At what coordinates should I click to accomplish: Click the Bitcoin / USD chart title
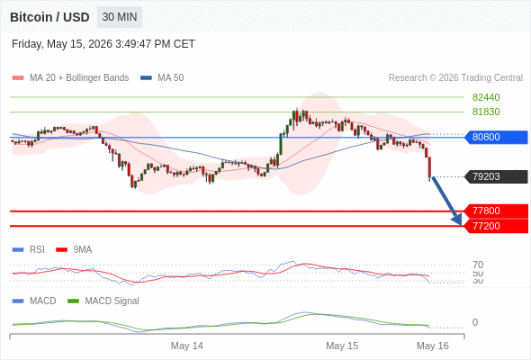tap(49, 17)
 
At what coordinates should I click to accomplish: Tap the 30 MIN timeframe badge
tap(120, 17)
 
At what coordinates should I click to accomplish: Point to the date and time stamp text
tap(103, 44)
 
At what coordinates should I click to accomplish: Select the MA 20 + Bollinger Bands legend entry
tap(70, 78)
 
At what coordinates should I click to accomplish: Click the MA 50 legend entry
tap(162, 78)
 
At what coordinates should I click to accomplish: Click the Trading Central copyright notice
tap(455, 78)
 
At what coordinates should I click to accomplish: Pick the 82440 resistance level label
tap(486, 97)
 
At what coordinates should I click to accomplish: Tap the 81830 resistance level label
tap(486, 112)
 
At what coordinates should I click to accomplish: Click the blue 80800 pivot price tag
tap(496, 137)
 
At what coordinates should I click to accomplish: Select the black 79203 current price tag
tap(496, 176)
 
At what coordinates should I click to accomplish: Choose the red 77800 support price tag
tap(496, 211)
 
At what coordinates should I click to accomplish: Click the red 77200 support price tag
tap(496, 226)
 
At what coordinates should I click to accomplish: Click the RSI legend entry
tap(29, 250)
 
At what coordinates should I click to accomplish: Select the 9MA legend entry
tap(74, 250)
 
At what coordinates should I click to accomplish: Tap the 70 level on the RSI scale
tap(478, 265)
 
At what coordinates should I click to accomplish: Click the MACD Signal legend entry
tap(103, 301)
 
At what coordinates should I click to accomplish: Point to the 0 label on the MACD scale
tap(475, 322)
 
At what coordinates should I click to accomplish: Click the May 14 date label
tap(187, 346)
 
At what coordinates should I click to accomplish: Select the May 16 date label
tap(433, 346)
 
